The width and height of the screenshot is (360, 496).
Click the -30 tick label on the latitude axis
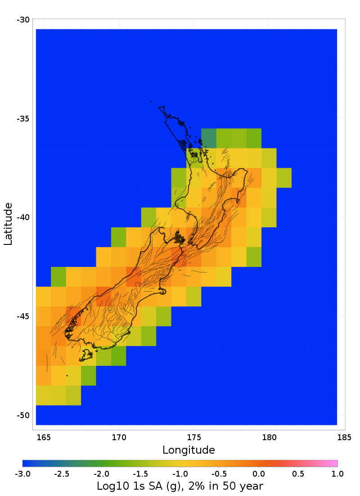23,20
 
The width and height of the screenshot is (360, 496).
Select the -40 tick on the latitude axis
23,217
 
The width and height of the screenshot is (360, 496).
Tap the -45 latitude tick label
23,316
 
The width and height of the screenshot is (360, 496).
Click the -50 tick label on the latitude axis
23,415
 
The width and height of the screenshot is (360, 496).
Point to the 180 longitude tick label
269,437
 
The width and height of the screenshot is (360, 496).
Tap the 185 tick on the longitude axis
344,437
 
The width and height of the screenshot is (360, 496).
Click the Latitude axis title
8,224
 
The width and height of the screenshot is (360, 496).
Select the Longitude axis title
189,450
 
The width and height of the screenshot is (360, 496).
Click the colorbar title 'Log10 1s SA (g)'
180,486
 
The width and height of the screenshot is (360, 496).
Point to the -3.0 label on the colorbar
22,473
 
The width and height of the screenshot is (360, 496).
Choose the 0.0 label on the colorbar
258,473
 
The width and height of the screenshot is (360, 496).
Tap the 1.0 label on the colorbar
337,473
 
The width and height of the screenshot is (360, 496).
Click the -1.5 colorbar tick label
140,473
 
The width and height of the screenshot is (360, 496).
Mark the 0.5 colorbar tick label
298,473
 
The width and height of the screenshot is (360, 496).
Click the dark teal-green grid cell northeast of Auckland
209,138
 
